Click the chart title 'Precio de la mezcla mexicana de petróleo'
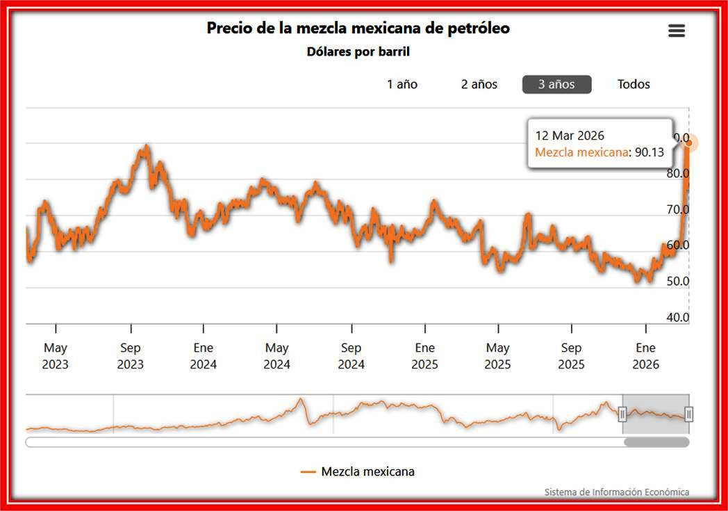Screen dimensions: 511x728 coord(358,29)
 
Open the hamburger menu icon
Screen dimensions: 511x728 coord(676,31)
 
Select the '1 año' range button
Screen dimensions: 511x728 coord(402,84)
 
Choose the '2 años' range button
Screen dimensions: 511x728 coord(479,84)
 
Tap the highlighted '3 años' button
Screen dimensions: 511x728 coord(556,84)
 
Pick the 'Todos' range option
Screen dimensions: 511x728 coord(634,84)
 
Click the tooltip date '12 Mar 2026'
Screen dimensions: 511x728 coord(570,136)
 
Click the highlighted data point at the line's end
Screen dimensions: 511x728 coord(689,143)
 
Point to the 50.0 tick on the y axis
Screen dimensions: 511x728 coord(677,282)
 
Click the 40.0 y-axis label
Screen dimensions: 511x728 coord(677,318)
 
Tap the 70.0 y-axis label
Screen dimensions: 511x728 coord(677,209)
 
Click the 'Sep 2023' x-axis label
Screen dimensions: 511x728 coord(131,356)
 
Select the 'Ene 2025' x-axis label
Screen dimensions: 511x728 coord(424,356)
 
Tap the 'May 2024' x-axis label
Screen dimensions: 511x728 coord(277,356)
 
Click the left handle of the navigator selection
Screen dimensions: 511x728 coord(622,414)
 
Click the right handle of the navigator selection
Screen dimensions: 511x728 coord(688,414)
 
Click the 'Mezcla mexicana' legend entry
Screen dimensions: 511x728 coord(358,471)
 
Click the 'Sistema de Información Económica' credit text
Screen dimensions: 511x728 coord(616,492)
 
